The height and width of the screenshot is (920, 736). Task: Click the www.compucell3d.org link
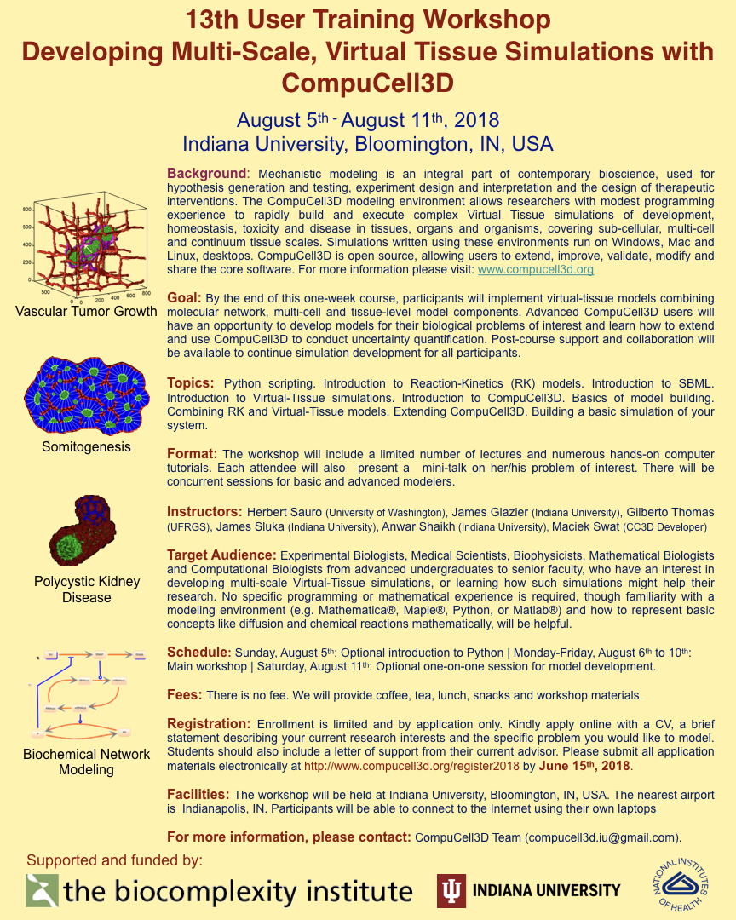[535, 269]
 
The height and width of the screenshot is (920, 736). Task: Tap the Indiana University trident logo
[451, 890]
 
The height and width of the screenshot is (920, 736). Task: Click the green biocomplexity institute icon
[42, 890]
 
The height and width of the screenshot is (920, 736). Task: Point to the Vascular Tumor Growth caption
[86, 311]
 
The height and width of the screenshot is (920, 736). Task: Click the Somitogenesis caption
[86, 446]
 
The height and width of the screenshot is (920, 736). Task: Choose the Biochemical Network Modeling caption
[86, 762]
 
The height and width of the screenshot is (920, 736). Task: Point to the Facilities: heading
[198, 794]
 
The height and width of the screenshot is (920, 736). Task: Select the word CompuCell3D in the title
[367, 83]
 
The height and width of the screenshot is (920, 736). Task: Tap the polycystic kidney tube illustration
[83, 532]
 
